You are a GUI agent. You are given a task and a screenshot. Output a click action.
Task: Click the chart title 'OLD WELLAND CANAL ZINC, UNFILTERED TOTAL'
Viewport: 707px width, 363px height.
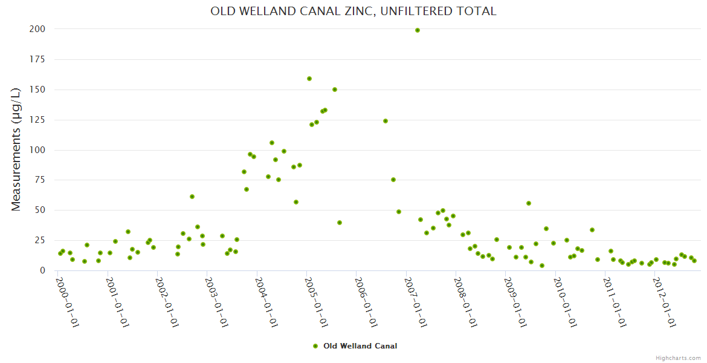[353, 11]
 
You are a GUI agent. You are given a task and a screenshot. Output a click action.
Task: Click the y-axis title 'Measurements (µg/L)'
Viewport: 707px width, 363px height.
[16, 149]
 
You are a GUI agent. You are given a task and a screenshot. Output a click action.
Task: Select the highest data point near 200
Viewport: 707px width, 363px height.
[418, 30]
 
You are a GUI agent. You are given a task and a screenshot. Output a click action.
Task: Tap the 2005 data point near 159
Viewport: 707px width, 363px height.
[309, 79]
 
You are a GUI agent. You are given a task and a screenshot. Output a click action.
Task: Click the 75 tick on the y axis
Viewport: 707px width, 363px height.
[39, 180]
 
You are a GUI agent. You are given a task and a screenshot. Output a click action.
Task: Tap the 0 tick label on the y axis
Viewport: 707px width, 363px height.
[42, 271]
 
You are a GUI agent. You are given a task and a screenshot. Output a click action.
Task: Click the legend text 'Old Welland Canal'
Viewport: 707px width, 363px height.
[360, 346]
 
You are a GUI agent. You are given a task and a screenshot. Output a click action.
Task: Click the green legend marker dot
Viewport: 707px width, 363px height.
[315, 346]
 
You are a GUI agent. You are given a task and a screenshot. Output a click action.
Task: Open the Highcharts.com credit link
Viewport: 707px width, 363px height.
[678, 358]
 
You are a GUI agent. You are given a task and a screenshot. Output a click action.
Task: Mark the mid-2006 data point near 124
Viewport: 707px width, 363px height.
[386, 121]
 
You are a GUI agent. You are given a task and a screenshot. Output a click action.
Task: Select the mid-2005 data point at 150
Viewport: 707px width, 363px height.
[335, 90]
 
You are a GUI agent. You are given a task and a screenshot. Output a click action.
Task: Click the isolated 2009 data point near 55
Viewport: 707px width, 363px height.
[529, 203]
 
